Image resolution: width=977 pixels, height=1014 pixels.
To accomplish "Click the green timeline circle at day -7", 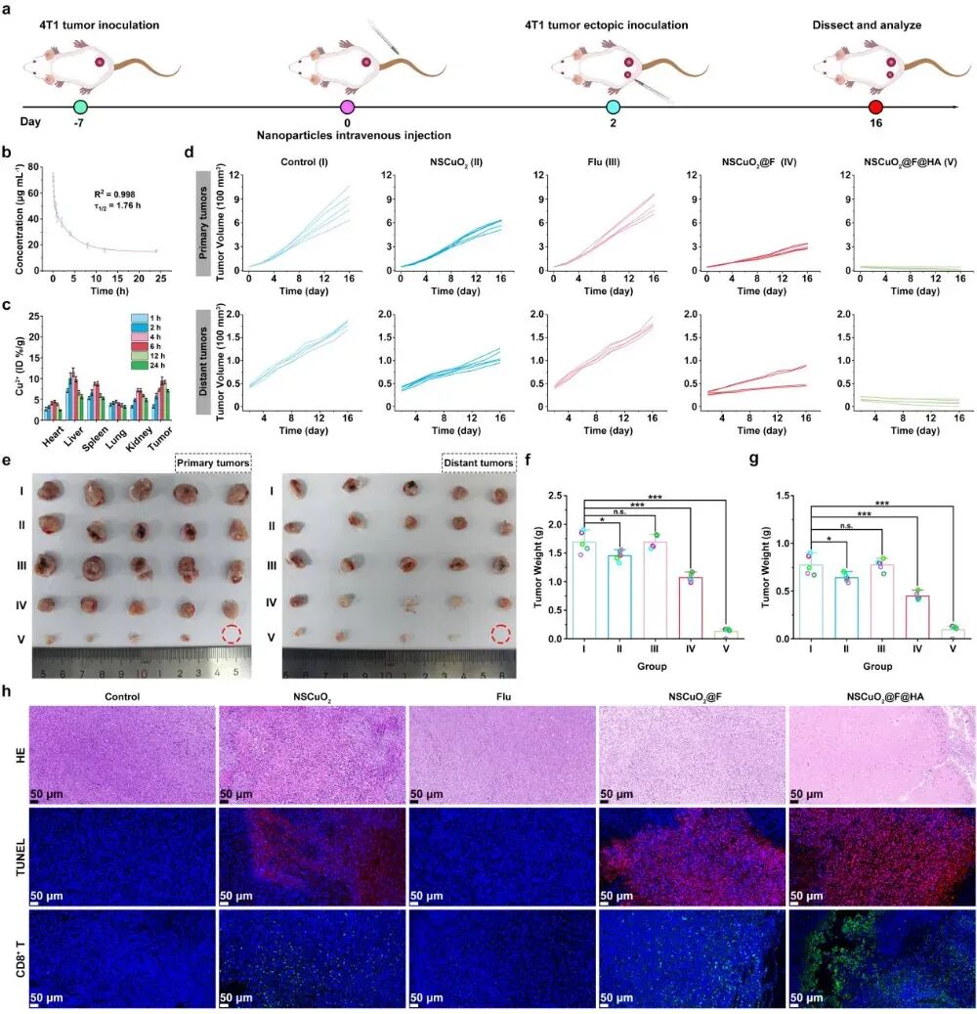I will click(81, 107).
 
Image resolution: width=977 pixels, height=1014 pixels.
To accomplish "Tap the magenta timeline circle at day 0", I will click(346, 107).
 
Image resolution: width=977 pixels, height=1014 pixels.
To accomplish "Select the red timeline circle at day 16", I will click(875, 107).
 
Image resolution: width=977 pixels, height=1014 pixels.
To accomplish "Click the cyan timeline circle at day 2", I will click(613, 107).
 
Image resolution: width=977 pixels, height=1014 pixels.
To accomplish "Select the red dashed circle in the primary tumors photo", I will click(232, 633).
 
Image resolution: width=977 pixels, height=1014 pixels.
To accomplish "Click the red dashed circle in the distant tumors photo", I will click(501, 633).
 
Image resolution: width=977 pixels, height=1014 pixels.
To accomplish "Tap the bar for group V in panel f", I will click(726, 634).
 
